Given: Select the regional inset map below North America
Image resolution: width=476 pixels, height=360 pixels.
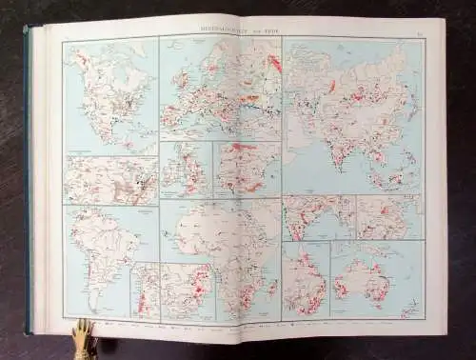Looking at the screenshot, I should pos(110,180).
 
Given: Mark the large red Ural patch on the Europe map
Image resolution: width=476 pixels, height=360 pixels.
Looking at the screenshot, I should pos(274,65).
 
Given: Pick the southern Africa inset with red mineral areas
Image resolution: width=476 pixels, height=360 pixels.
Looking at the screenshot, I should pos(187,291).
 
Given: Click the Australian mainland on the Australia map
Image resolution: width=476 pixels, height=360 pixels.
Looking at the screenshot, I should pos(370,276).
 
